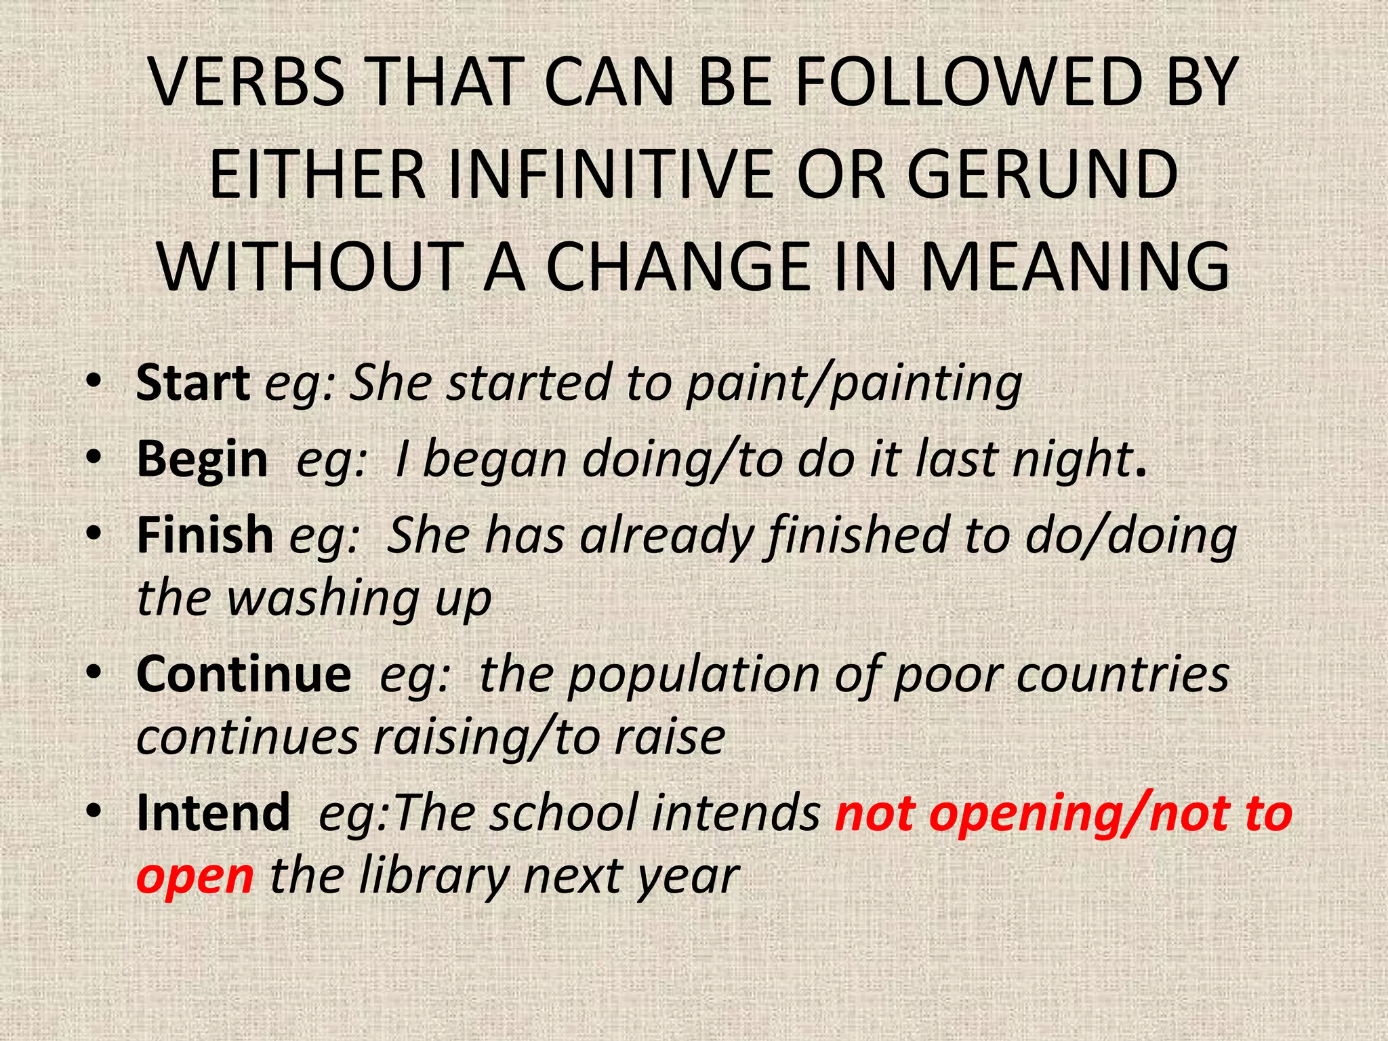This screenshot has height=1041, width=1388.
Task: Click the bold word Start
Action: click(192, 384)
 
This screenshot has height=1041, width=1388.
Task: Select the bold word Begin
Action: click(202, 460)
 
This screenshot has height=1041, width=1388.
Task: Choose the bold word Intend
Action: click(213, 813)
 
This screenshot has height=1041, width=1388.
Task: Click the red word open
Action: click(195, 876)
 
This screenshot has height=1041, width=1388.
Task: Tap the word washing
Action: click(323, 598)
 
